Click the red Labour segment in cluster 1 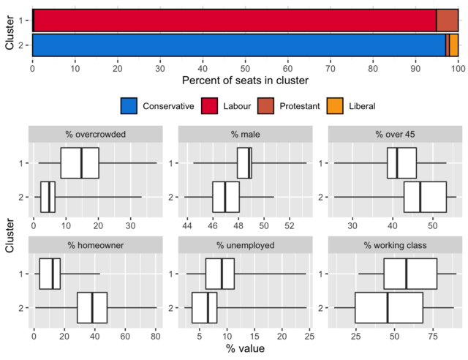[234, 20]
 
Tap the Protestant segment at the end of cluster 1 [447, 20]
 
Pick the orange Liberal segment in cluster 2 [454, 45]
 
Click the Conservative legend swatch [129, 106]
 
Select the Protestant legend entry [289, 106]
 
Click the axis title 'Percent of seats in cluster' [245, 79]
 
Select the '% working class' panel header [393, 245]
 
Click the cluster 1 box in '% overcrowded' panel [80, 163]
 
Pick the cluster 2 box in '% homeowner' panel [92, 307]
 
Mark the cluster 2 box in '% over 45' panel [425, 197]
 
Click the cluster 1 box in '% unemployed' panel [222, 274]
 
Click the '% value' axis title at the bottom [244, 349]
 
